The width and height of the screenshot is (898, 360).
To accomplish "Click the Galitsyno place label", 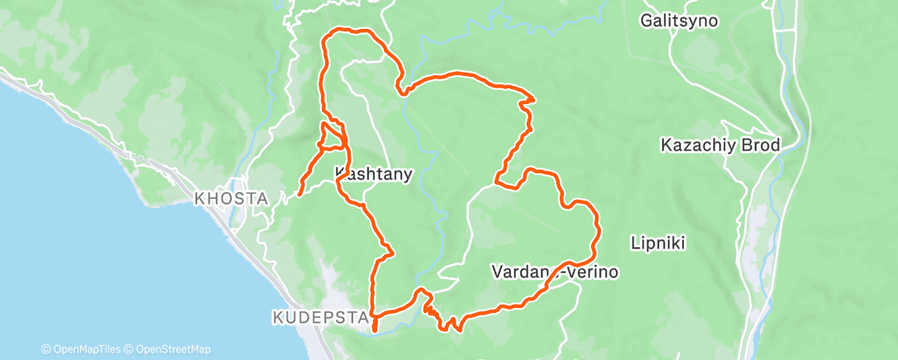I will (x=679, y=21).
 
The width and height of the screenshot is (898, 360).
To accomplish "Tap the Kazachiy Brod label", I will (x=721, y=145).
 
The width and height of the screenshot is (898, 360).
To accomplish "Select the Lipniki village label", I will (x=659, y=244).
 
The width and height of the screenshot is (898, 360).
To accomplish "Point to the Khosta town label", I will (x=220, y=199).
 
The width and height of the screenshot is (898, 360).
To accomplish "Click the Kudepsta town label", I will (x=305, y=316).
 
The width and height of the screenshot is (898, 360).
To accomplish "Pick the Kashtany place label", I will (x=373, y=173).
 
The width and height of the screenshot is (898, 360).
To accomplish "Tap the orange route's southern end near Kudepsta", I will (x=376, y=329).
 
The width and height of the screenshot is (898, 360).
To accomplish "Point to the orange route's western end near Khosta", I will (x=298, y=194).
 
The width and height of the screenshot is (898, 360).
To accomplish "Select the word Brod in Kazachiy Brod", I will (x=760, y=145).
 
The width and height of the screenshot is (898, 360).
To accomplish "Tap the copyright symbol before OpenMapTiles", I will (x=45, y=349).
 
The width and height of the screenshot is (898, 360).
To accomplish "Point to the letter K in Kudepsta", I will (x=276, y=316).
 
